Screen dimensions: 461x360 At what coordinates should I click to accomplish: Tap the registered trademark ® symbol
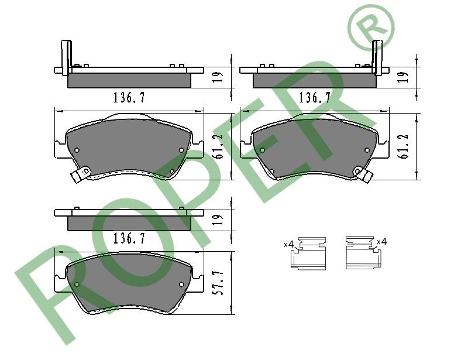[x=371, y=26]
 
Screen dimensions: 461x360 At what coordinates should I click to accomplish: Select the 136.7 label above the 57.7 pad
[x=129, y=238]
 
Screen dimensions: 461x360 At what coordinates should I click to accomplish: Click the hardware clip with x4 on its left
[x=308, y=253]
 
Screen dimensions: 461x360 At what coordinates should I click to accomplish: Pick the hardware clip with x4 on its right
[x=364, y=253]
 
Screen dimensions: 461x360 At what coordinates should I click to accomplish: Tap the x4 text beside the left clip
[x=289, y=244]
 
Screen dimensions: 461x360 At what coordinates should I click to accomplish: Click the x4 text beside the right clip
[x=381, y=242]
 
